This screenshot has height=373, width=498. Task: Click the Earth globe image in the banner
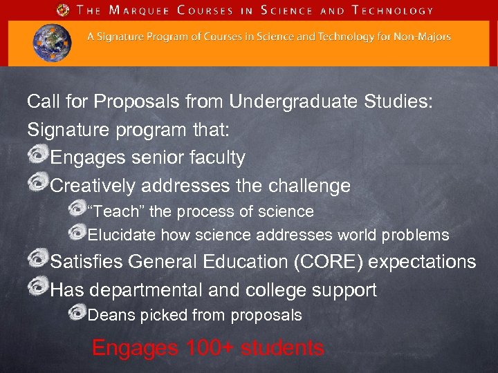52,42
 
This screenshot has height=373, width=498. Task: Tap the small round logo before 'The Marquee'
64,10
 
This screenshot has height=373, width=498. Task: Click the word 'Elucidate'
122,235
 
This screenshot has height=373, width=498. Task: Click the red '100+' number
211,348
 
